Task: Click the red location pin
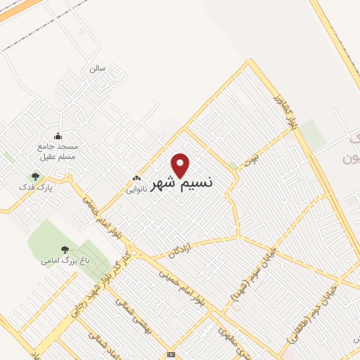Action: click(181, 165)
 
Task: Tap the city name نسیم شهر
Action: click(183, 184)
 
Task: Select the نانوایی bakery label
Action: click(136, 189)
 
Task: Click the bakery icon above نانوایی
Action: click(136, 179)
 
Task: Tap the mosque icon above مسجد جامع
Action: click(58, 136)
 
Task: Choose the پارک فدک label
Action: click(34, 188)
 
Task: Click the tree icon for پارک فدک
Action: click(35, 176)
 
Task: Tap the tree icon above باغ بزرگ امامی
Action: click(65, 249)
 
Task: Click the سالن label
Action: click(97, 70)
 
